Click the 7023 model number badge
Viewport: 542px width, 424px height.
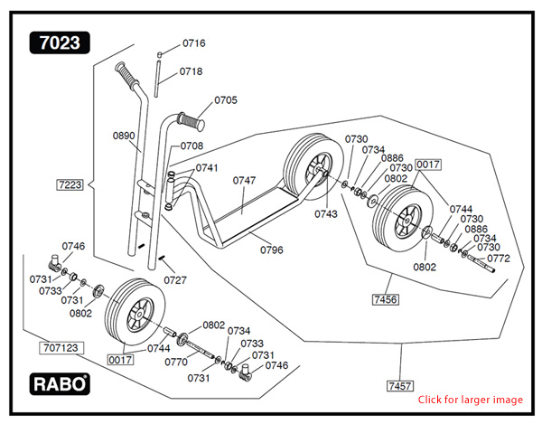point(60,42)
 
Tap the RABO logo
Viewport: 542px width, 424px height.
point(61,383)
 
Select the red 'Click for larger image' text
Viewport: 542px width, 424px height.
point(470,400)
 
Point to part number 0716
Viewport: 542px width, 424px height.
point(194,43)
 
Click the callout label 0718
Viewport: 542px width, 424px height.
point(191,71)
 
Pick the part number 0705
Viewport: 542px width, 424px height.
point(226,100)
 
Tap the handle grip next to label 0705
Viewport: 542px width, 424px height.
point(192,119)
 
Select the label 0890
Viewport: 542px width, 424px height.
point(124,136)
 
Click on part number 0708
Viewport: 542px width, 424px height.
point(192,146)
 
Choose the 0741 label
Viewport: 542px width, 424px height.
point(207,168)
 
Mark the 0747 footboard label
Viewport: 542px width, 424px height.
point(244,181)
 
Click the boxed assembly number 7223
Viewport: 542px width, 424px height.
point(70,184)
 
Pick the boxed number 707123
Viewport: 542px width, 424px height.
point(61,346)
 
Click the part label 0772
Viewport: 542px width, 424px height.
point(499,259)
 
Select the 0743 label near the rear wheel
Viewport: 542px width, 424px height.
point(326,214)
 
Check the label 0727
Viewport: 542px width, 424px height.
point(175,280)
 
